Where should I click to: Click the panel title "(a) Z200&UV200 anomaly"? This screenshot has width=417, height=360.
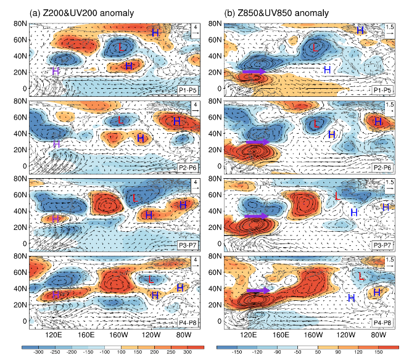[81, 13]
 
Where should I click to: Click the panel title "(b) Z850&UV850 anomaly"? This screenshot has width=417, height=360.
[276, 13]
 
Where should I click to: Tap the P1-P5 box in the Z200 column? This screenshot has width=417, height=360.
[188, 91]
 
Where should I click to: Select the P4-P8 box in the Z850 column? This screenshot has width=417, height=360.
[382, 323]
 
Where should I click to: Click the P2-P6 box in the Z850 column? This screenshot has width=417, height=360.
[382, 168]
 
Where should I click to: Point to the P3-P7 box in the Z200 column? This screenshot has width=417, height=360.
[188, 245]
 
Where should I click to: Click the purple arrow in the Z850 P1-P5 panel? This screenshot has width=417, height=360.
[254, 72]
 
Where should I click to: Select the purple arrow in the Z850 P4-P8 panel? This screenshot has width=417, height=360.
[258, 290]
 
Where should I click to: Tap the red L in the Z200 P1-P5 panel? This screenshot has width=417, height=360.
[122, 47]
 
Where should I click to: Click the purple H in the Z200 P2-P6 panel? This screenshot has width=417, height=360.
[56, 144]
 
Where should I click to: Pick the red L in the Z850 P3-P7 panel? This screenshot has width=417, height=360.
[337, 196]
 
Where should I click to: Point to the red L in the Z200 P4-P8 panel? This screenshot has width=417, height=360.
[151, 279]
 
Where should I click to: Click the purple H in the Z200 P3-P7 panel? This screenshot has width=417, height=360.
[56, 219]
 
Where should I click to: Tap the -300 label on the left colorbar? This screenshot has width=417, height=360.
[39, 352]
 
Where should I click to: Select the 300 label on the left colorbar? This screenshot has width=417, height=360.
[188, 352]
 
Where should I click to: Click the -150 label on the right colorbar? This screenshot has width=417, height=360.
[237, 352]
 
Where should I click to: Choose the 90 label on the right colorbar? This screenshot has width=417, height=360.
[338, 352]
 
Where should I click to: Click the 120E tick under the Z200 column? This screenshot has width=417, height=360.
[54, 335]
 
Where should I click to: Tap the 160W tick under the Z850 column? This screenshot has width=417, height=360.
[313, 335]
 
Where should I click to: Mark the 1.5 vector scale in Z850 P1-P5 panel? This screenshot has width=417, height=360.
[390, 27]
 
